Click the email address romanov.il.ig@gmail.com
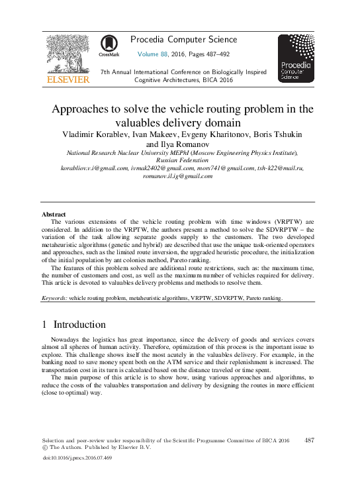[x=181, y=176]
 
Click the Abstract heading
[x=53, y=215]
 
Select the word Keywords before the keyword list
[x=54, y=299]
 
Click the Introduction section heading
[x=79, y=325]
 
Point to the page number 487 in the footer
[x=310, y=440]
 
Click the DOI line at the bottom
[x=76, y=458]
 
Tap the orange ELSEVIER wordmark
[x=67, y=80]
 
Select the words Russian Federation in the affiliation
[x=180, y=160]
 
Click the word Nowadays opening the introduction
[x=67, y=339]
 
